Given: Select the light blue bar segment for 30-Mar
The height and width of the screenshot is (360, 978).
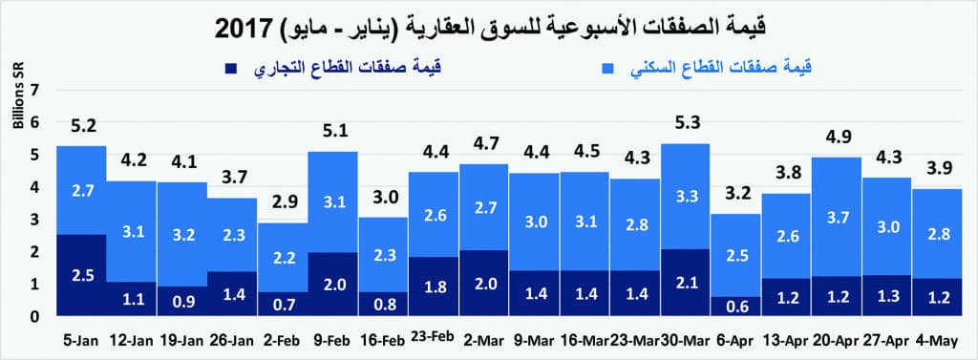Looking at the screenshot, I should click(685, 196).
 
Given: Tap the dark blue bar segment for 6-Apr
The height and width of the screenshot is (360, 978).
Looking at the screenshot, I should click(735, 306).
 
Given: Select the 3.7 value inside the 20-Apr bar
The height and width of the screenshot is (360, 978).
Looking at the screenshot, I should click(837, 219).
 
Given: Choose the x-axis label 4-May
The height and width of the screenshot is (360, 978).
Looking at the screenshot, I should click(937, 341).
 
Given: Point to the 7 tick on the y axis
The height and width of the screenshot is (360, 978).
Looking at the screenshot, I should click(37, 89).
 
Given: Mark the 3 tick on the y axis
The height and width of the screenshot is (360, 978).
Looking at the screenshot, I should click(37, 219).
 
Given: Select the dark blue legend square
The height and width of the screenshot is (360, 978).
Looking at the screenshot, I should click(230, 69).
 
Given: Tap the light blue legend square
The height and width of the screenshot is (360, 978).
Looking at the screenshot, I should click(607, 69).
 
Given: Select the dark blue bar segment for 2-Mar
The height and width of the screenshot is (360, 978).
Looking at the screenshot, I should click(484, 283).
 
